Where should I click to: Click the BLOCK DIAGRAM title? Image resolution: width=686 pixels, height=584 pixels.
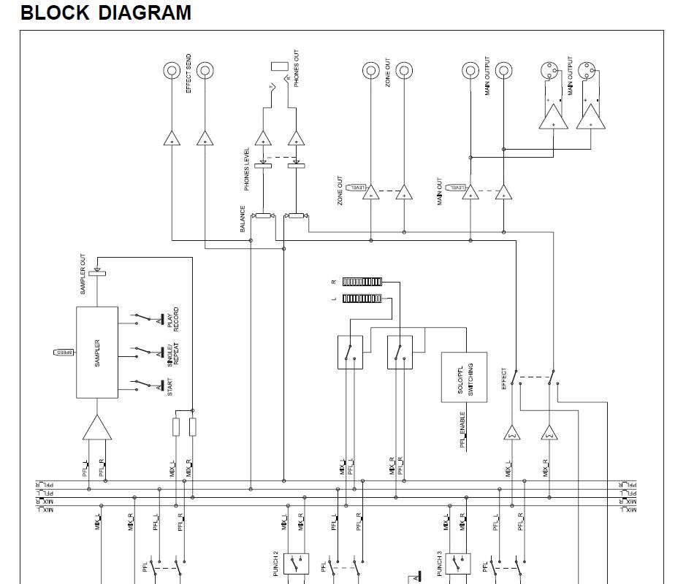point(106,13)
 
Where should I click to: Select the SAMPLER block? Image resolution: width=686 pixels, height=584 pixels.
point(97,353)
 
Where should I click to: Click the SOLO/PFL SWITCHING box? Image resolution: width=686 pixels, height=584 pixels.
point(464,377)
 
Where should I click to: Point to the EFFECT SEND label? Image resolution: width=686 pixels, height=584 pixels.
point(188,73)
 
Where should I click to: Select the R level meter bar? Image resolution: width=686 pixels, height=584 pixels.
point(362,282)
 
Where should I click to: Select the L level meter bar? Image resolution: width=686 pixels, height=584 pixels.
point(362,299)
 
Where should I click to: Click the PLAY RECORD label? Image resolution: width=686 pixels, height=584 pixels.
point(172,320)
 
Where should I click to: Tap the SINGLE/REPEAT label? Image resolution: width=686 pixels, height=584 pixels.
point(172,353)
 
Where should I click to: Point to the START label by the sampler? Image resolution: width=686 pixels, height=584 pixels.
point(170,385)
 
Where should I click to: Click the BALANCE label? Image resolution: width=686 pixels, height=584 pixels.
point(243,219)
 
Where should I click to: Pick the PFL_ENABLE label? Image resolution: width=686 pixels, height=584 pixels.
point(462,429)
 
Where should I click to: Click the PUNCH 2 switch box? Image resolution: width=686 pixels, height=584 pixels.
point(295,564)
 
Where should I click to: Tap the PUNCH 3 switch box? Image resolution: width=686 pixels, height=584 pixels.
point(457,564)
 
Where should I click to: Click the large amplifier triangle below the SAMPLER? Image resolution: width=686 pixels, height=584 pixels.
point(97,428)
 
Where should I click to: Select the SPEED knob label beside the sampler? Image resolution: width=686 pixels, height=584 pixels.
point(64,353)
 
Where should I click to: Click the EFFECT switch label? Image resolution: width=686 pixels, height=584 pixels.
point(504,378)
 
